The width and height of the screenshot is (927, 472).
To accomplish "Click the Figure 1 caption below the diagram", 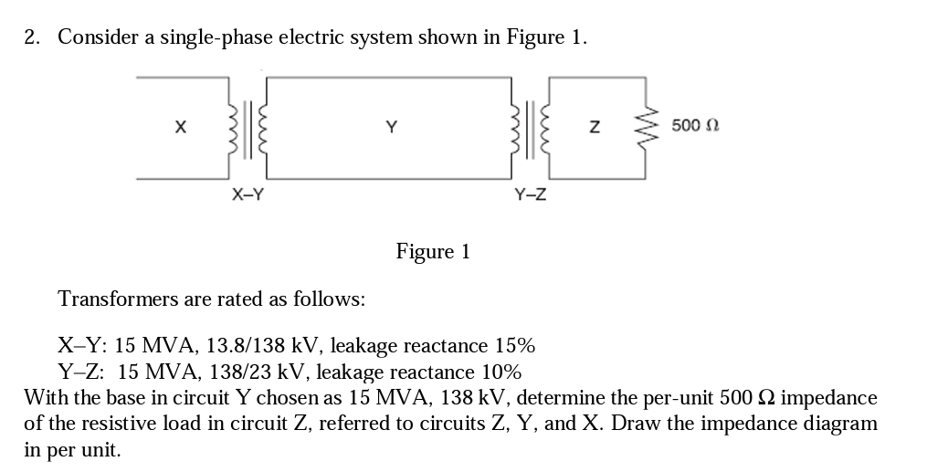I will [x=433, y=251].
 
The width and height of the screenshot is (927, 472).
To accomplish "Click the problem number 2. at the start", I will [x=33, y=37].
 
